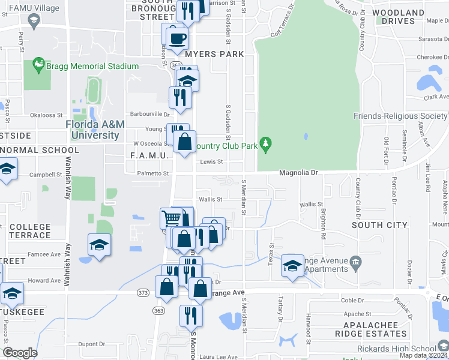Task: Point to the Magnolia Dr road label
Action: (x=298, y=173)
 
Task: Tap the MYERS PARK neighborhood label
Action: (x=214, y=54)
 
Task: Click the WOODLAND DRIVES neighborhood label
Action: (x=398, y=16)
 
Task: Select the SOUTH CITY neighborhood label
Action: (x=379, y=225)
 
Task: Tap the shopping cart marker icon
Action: (x=172, y=218)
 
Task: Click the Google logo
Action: (x=20, y=353)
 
